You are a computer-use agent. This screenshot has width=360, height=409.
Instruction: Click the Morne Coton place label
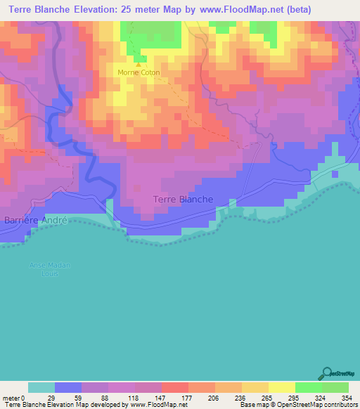pyautogui.click(x=139, y=72)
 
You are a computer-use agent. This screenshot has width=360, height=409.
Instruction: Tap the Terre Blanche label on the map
pyautogui.click(x=183, y=200)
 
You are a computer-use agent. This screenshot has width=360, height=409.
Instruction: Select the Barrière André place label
pyautogui.click(x=35, y=219)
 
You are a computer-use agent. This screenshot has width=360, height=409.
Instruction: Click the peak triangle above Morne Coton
pyautogui.click(x=138, y=64)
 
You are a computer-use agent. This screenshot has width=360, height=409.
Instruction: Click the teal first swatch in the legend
pyautogui.click(x=41, y=387)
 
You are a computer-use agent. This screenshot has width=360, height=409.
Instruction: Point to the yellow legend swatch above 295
pyautogui.click(x=281, y=387)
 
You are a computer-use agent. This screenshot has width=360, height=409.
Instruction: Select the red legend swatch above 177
pyautogui.click(x=175, y=387)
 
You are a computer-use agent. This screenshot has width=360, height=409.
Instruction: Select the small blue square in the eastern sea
pyautogui.click(x=335, y=174)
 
